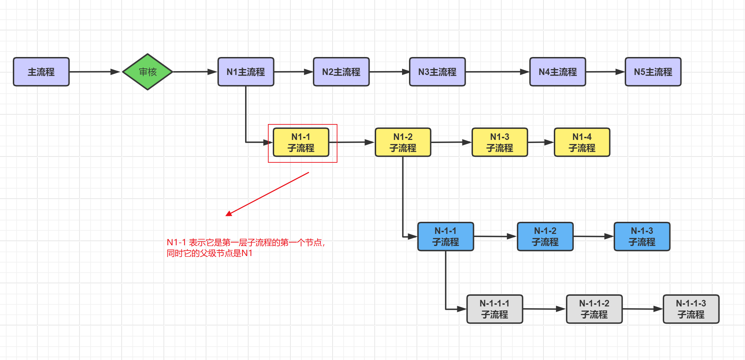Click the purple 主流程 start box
41,72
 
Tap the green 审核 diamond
148,72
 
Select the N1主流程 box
246,72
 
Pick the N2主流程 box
341,72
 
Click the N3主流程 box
437,72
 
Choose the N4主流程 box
558,72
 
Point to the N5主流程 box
653,72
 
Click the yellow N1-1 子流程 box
301,142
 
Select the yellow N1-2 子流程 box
403,142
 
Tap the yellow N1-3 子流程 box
500,142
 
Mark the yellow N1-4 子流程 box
582,142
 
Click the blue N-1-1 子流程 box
446,237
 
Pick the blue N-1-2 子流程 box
545,237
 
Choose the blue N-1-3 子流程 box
642,237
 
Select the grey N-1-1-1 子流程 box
495,309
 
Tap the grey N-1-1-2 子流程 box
594,309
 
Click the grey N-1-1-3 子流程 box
691,309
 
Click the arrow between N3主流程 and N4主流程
497,72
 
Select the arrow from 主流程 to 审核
94,72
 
